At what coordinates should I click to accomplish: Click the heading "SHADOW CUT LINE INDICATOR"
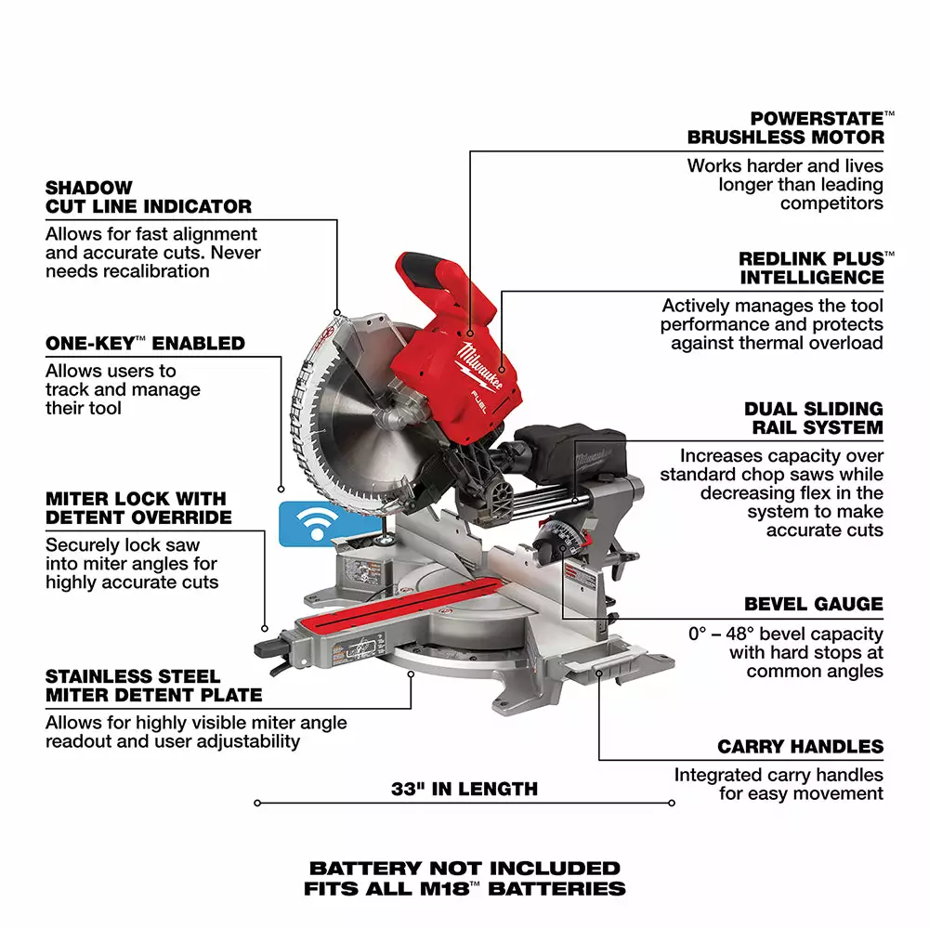tap(149, 197)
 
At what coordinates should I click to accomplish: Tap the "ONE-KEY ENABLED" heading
tap(145, 344)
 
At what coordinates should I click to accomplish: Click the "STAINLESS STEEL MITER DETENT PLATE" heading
tap(153, 686)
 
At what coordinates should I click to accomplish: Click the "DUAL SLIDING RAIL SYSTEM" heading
tap(813, 418)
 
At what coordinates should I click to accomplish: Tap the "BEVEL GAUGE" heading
tap(814, 604)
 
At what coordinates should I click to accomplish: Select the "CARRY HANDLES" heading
tap(800, 747)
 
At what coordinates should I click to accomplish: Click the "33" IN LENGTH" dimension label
tap(464, 790)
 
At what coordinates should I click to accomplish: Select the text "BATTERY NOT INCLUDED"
tap(464, 869)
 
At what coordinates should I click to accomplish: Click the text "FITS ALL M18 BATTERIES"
tap(464, 889)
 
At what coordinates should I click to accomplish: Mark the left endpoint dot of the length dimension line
tap(256, 803)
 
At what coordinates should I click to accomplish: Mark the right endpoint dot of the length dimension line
tap(672, 803)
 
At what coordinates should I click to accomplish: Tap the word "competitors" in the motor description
tap(831, 203)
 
